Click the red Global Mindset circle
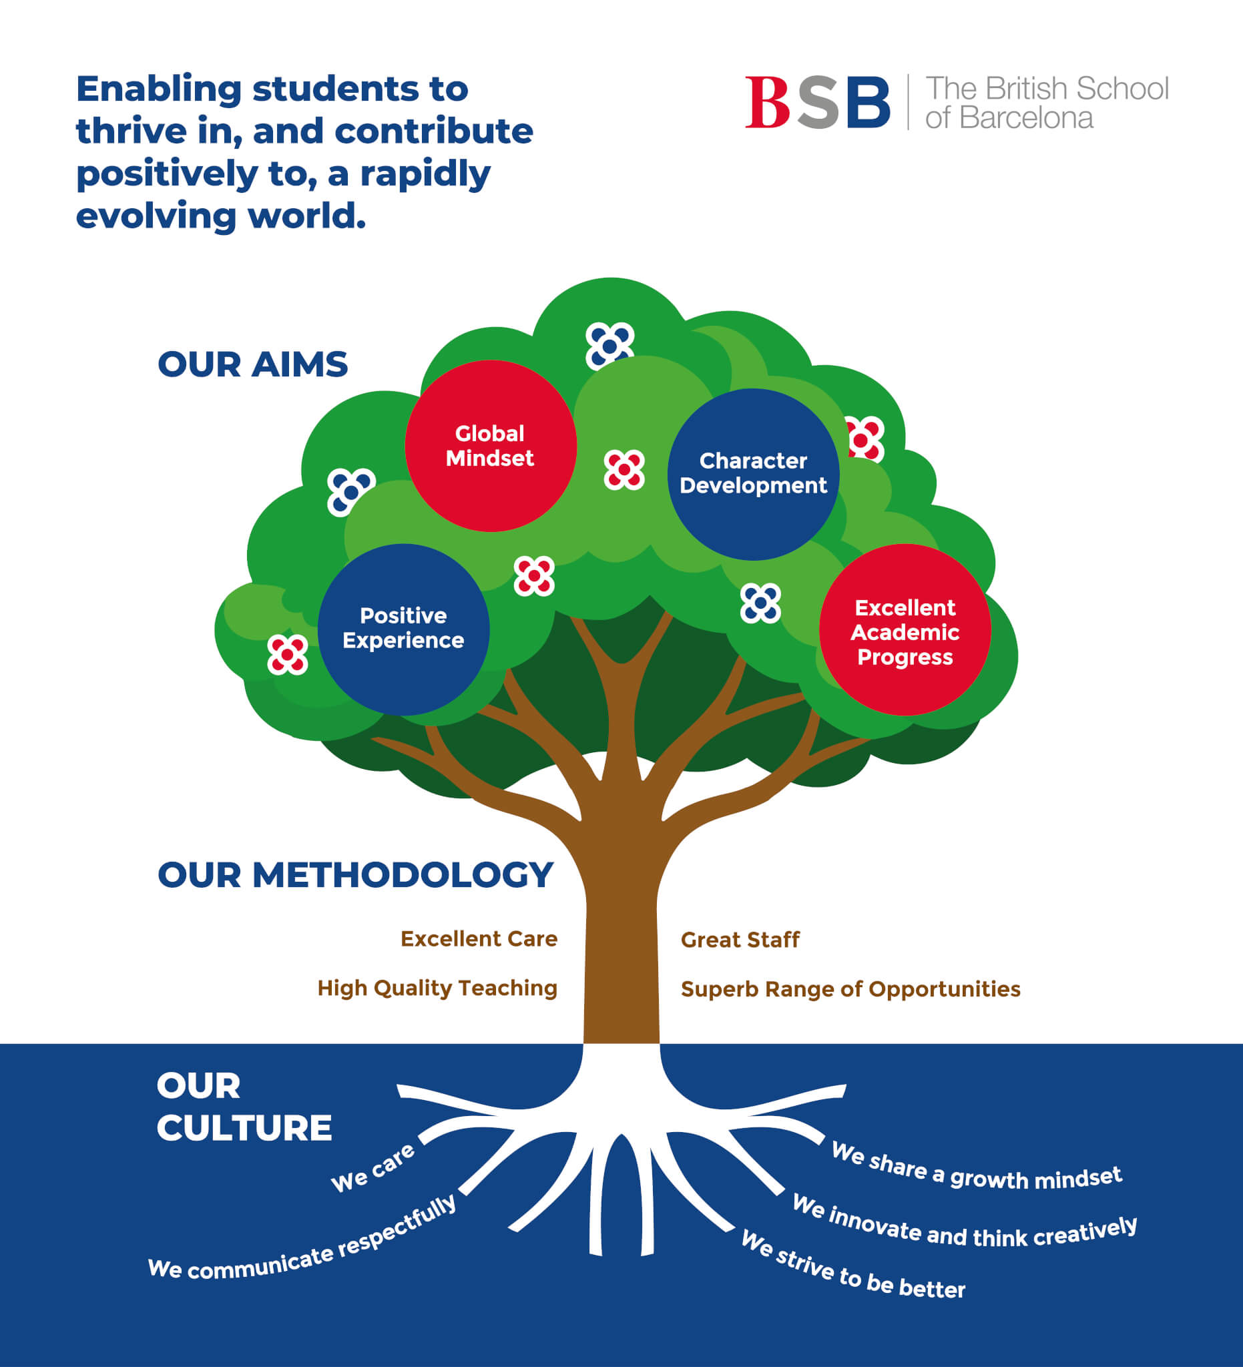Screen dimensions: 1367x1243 (x=490, y=445)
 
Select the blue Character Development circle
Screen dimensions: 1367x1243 (x=753, y=473)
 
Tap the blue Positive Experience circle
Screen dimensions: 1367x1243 (x=403, y=629)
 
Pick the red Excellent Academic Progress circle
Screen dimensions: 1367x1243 (x=905, y=630)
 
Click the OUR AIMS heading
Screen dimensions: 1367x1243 (x=252, y=364)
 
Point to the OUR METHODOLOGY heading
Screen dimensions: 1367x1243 (x=355, y=874)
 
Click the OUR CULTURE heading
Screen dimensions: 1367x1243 (x=244, y=1107)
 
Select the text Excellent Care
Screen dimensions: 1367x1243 (x=479, y=938)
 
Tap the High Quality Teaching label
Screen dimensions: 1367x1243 (x=437, y=988)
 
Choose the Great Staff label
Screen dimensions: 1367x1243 (x=740, y=940)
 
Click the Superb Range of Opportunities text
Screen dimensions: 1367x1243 (x=850, y=989)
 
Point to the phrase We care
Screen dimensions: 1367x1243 (x=373, y=1167)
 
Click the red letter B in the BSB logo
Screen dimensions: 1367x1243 (x=767, y=101)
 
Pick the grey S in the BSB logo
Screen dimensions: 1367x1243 (x=818, y=101)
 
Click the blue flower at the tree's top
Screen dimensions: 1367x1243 (x=609, y=346)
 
